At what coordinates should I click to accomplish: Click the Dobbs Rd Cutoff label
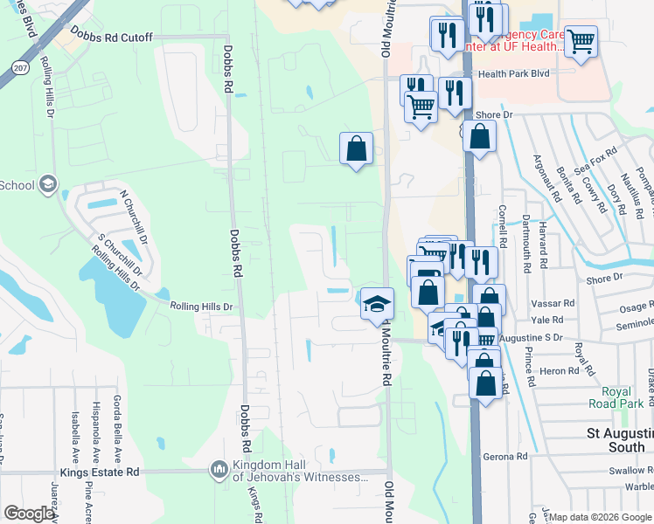(113, 38)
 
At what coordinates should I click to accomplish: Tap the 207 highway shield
(19, 65)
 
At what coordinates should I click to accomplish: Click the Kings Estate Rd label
(108, 472)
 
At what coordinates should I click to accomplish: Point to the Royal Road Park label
(623, 398)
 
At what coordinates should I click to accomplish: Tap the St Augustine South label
(619, 440)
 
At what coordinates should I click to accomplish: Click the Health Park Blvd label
(513, 74)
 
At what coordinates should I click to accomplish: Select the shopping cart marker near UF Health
(581, 39)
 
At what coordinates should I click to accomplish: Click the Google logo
(28, 514)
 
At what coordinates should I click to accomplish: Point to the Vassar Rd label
(552, 303)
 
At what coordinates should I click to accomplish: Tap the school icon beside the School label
(48, 184)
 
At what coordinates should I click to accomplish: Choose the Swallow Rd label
(631, 471)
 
